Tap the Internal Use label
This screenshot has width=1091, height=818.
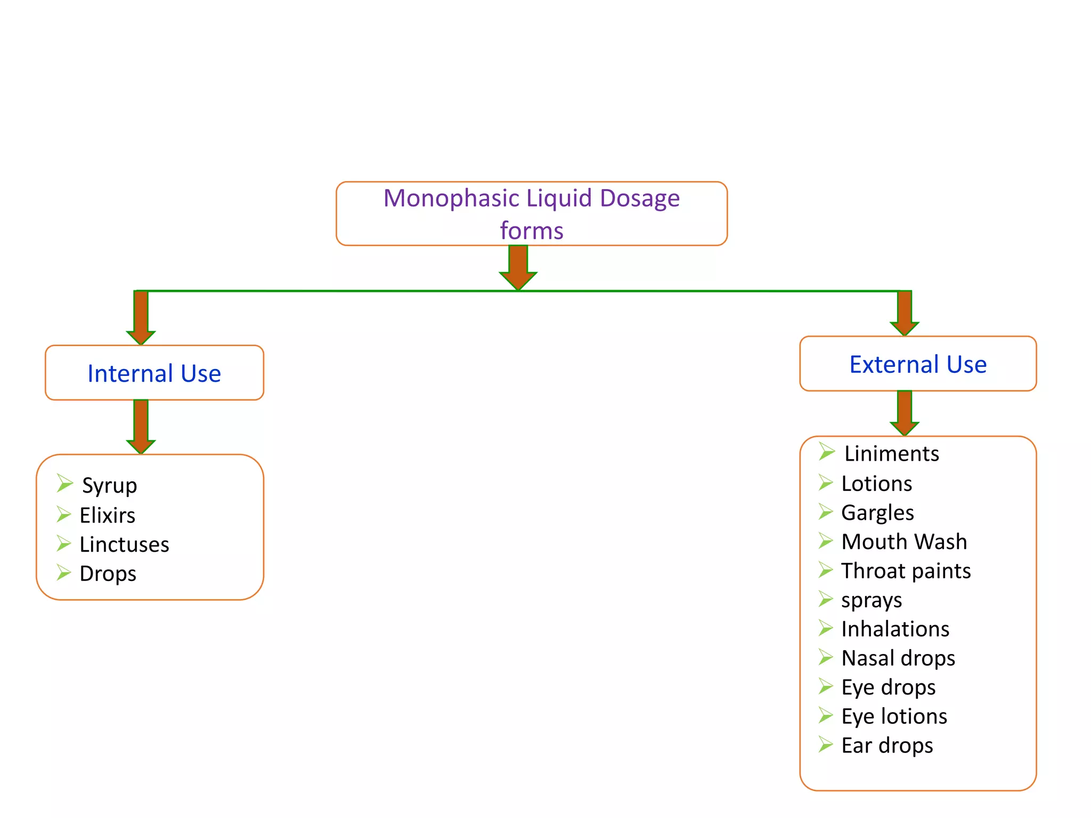click(154, 373)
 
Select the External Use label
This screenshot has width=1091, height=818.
click(917, 365)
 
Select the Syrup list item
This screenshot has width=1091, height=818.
click(109, 486)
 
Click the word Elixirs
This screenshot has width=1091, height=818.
click(107, 516)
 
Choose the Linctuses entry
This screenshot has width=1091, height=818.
click(124, 545)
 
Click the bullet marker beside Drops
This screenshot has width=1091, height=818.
click(64, 573)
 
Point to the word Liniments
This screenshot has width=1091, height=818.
click(891, 454)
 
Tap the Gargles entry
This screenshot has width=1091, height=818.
click(877, 513)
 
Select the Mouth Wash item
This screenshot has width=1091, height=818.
click(904, 542)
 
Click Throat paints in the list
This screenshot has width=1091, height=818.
click(906, 571)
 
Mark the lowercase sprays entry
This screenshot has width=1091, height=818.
click(872, 601)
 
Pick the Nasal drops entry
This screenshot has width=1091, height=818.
click(898, 658)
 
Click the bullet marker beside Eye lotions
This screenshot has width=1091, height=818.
click(825, 715)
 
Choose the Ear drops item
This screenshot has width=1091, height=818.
click(887, 746)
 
